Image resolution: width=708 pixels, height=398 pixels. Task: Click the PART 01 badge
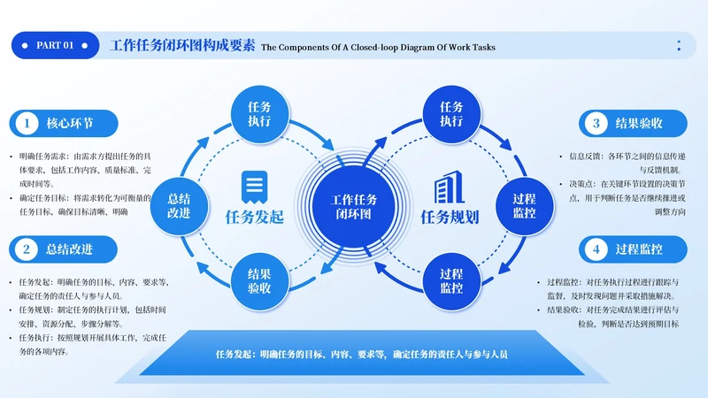(x=55, y=46)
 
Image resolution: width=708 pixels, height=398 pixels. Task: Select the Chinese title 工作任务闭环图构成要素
(x=182, y=46)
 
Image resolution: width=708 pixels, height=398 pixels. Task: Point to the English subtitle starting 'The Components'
(x=378, y=47)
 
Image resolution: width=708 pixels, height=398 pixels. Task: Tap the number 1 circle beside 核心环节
(x=27, y=124)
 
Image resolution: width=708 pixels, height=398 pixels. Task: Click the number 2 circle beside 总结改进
(x=27, y=249)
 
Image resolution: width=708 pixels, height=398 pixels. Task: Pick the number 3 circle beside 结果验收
(x=596, y=124)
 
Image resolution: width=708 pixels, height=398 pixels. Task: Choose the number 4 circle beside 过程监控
(x=596, y=249)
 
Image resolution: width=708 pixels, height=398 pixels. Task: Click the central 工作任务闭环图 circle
(x=353, y=206)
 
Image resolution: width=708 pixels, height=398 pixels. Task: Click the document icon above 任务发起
(x=255, y=186)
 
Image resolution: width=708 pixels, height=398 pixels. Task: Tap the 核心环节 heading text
(x=70, y=124)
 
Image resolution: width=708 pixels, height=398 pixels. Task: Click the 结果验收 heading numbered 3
(x=639, y=124)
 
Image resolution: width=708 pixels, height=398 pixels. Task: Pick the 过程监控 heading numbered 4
(x=639, y=249)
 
